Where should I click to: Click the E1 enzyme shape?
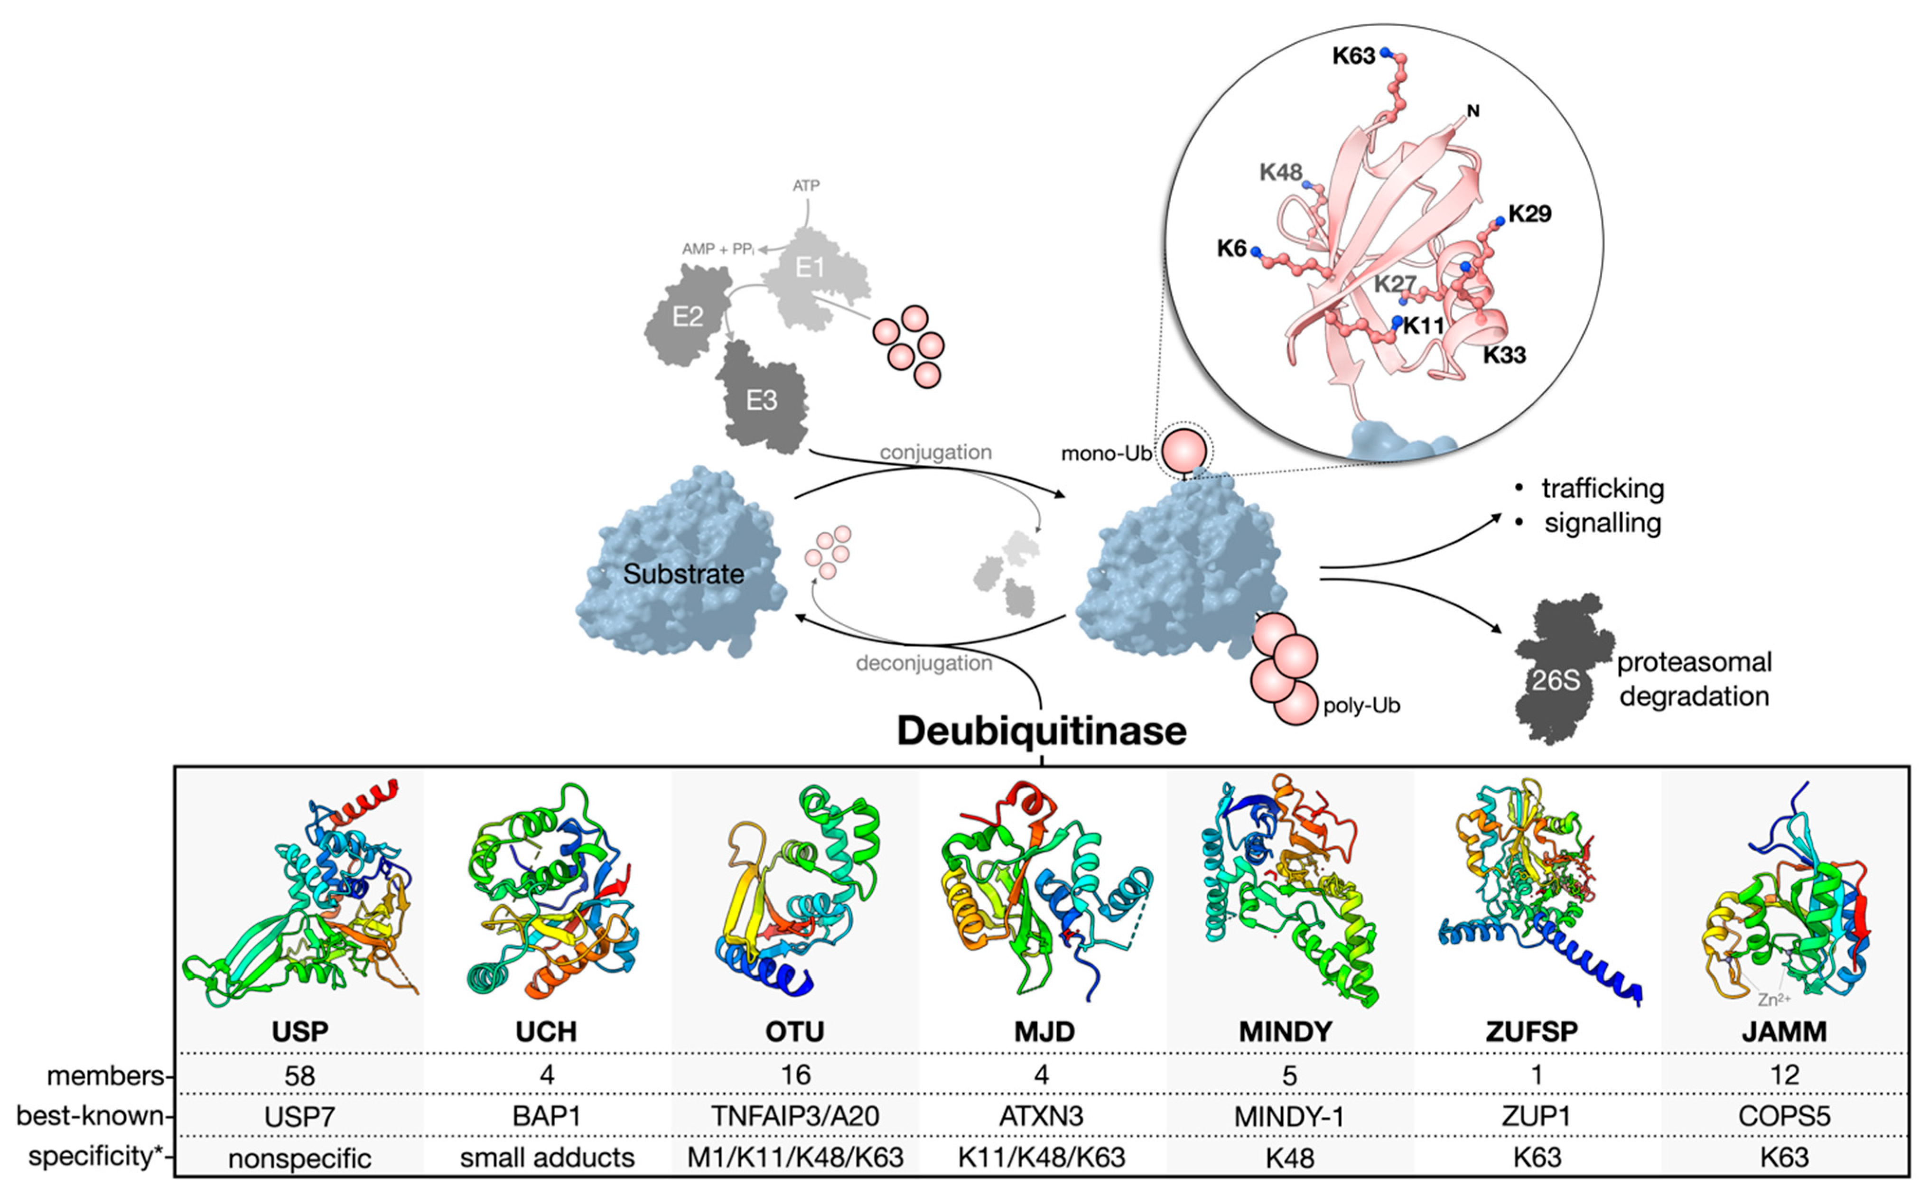(814, 273)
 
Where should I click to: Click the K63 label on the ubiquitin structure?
(1353, 56)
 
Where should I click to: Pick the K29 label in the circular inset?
(1529, 214)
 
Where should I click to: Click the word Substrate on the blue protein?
(683, 574)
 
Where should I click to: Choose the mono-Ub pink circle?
(1183, 451)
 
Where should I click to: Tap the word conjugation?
(935, 452)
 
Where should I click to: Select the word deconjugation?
(923, 663)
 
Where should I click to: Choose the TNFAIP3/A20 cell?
(794, 1116)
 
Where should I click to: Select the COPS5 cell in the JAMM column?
(1783, 1116)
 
